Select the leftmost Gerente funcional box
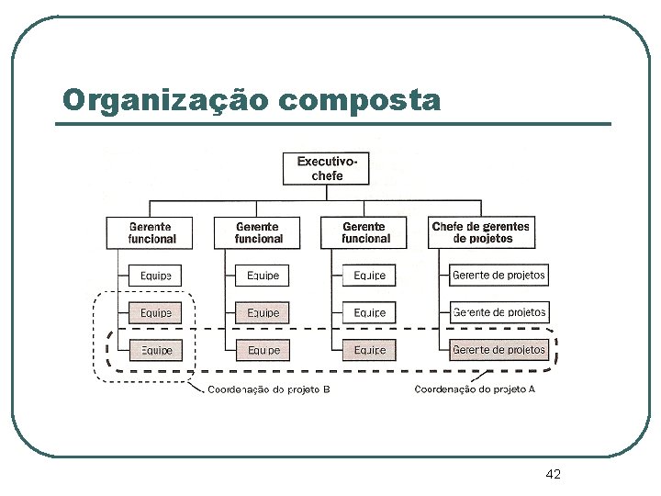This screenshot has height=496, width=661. (x=152, y=232)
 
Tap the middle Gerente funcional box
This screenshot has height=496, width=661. (x=259, y=232)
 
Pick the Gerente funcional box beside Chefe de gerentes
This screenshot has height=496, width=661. (x=365, y=232)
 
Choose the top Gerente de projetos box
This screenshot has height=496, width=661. (x=499, y=275)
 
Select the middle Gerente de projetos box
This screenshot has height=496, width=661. (x=499, y=312)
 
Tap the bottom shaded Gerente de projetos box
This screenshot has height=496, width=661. (x=499, y=350)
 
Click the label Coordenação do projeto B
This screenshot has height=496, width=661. (x=268, y=390)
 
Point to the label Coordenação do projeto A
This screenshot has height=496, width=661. (x=475, y=390)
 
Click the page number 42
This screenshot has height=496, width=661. (x=553, y=474)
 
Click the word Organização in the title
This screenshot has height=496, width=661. (x=165, y=99)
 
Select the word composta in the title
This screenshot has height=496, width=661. (x=359, y=99)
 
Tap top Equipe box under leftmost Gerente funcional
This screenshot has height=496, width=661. (x=155, y=275)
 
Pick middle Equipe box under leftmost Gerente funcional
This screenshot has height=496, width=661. (x=155, y=312)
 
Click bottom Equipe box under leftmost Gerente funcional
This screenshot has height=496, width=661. (x=155, y=350)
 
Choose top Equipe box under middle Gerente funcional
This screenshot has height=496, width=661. (x=263, y=275)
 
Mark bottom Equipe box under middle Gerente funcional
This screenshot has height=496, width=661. (x=263, y=350)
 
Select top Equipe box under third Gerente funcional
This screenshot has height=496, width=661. (x=369, y=275)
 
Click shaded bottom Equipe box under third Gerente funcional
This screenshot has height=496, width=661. (x=369, y=350)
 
